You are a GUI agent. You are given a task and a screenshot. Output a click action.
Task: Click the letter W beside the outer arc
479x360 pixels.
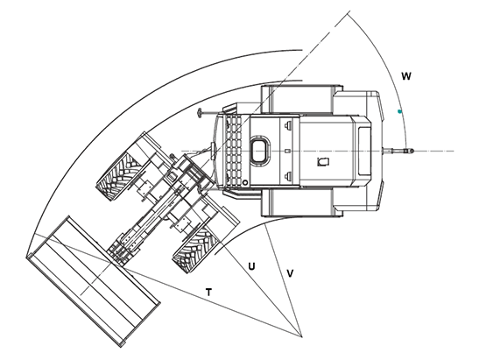coord(406,76)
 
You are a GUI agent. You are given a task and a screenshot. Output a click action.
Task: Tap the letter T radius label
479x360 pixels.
coord(208,293)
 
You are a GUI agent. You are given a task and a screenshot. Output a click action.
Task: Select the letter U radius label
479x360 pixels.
coord(251,266)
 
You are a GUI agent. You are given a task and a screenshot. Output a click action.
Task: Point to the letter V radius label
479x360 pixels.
coord(290,273)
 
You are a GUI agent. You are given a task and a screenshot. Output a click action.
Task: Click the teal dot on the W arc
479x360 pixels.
coord(399,111)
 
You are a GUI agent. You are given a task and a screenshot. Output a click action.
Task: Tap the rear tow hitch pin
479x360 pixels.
coord(398,151)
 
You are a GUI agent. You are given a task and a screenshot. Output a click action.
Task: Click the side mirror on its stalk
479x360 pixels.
coord(200,113)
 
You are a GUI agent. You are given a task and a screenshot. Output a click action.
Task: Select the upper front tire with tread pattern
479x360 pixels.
coord(121,177)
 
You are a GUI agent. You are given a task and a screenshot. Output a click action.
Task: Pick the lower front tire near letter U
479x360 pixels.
coord(195,250)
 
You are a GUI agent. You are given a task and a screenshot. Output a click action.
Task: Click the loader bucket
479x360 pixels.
coord(93,281)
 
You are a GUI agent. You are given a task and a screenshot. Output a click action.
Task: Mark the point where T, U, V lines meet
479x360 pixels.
coord(301,336)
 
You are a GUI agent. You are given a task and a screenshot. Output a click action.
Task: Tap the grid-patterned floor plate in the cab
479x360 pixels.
coord(234,151)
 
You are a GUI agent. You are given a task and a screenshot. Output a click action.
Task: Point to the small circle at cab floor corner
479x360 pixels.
coord(244,182)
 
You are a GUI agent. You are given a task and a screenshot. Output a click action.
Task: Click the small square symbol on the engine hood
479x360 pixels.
coord(323,161)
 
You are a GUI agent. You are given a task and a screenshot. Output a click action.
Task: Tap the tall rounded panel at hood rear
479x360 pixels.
coord(364,151)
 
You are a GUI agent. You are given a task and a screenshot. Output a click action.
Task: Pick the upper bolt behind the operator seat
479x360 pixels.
coord(287,125)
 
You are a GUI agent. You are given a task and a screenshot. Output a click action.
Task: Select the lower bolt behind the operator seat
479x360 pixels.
coord(287,175)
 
